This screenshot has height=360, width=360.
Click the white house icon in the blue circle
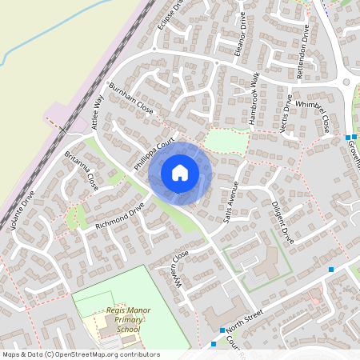tap(180, 173)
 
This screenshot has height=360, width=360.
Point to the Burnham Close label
tap(130, 98)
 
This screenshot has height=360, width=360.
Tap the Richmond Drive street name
tap(119, 215)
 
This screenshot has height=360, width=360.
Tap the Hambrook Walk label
tap(245, 97)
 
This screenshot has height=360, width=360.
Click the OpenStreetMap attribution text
tap(80, 354)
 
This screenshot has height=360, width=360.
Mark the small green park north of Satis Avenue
tap(222, 140)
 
